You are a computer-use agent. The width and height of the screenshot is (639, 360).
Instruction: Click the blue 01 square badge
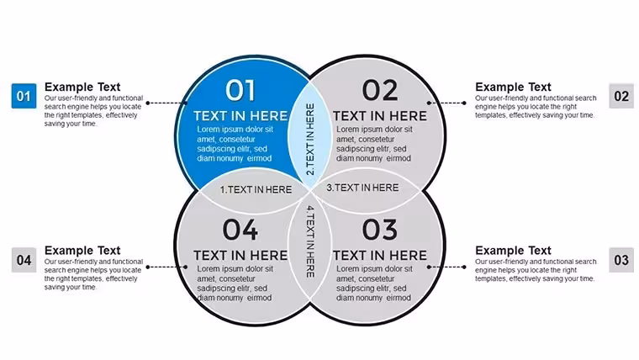24,96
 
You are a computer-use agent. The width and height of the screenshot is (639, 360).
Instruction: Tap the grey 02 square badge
621,96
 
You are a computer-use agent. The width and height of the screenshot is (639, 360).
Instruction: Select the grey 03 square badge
621,260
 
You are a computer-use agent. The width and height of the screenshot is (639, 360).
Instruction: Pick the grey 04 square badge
24,260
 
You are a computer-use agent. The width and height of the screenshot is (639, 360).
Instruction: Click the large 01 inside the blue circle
240,90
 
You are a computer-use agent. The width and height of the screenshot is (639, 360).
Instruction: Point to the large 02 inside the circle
380,90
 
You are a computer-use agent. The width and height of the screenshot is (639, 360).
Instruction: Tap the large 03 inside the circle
380,230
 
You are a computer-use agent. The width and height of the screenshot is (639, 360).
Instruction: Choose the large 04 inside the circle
240,230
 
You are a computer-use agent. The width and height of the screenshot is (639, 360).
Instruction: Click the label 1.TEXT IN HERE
256,189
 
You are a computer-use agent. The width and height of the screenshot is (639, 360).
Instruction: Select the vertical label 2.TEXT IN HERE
310,140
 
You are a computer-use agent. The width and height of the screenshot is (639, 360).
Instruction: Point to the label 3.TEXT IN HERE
362,188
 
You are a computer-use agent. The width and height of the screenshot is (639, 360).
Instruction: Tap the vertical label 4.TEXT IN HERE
310,241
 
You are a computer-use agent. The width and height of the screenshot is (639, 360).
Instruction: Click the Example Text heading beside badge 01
82,87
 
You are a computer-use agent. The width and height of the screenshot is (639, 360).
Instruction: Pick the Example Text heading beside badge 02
513,87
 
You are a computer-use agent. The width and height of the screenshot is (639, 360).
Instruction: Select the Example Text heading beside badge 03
513,251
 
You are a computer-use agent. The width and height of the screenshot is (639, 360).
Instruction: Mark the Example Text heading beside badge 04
82,251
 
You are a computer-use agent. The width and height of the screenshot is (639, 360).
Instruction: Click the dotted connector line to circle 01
166,103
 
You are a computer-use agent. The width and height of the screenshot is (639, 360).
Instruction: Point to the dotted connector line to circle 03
446,267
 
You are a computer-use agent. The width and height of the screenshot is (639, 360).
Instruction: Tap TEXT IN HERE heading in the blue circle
240,116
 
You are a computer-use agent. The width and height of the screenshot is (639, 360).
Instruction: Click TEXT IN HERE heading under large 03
380,255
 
